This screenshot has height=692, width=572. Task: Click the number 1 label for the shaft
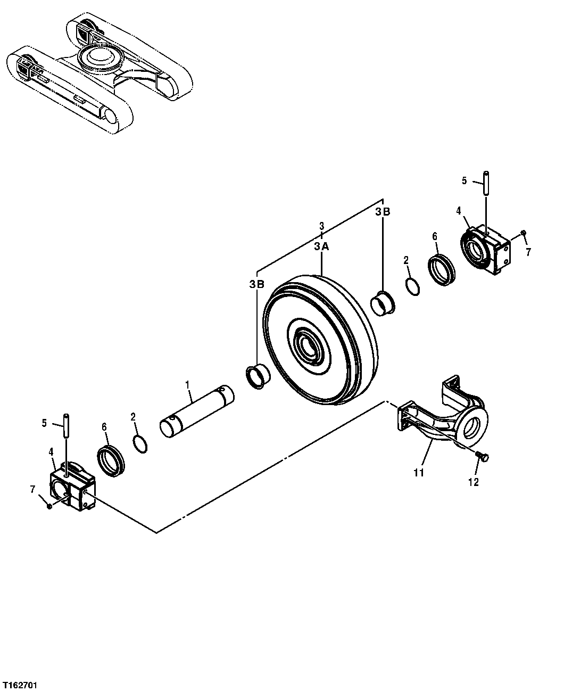pos(187,384)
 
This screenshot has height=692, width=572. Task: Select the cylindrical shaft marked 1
pos(197,413)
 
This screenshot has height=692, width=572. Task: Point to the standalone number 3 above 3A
pos(321,226)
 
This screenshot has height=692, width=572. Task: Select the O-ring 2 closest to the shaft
pos(140,444)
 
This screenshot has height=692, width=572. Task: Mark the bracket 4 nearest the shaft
pos(73,488)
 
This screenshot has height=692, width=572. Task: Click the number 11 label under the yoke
pos(419,472)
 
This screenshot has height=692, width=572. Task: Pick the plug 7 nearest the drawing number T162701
pos(49,506)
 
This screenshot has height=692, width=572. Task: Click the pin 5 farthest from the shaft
pos(486,183)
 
